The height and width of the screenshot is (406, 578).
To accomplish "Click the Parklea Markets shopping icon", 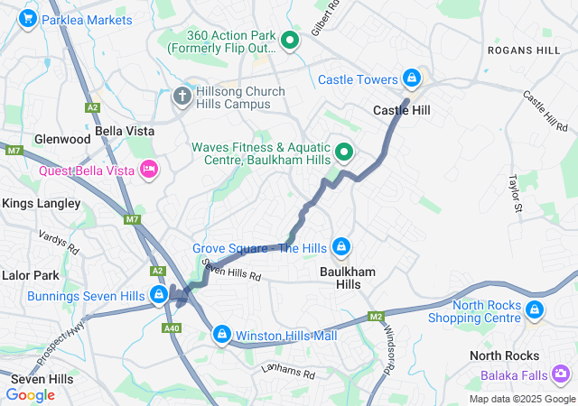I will point(26,17).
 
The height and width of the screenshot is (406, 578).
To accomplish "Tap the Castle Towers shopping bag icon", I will point(412,79).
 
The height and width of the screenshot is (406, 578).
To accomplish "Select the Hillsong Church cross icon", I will point(182,97).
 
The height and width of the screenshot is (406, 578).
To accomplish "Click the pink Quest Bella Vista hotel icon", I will point(149,169).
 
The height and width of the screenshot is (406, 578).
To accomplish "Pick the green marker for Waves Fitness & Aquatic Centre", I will point(344,152).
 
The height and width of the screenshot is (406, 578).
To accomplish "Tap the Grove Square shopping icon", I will point(341,246).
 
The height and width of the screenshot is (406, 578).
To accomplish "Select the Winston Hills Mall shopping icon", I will point(221,336).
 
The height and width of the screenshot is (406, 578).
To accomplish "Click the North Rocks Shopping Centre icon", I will point(535,309).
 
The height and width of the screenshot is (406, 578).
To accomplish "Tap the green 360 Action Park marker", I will point(290,40).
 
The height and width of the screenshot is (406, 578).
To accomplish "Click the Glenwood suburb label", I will point(62,139).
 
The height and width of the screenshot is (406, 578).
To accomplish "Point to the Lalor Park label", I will point(30,275).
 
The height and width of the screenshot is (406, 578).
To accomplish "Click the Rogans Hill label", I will point(523,51).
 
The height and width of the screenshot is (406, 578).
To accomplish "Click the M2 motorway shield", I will point(377,317).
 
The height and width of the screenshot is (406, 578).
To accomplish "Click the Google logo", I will point(31,394).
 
